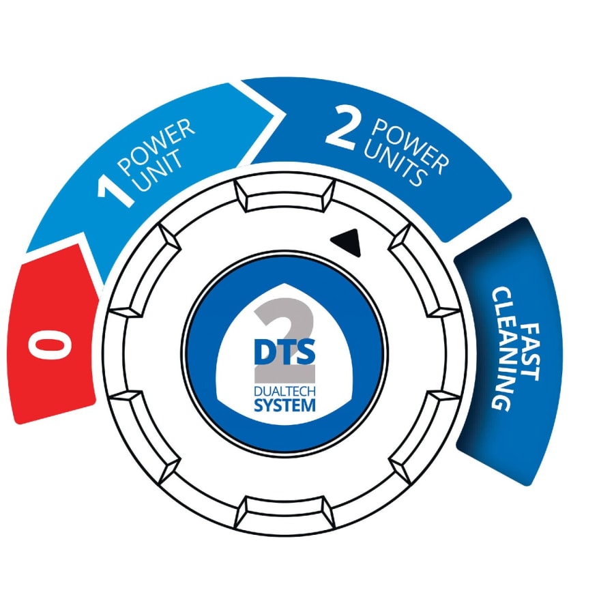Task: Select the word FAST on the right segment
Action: coord(531,351)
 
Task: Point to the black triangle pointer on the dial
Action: coord(347,242)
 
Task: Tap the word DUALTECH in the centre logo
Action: coord(284,391)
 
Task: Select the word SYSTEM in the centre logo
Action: coord(284,405)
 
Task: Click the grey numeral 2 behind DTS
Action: coord(284,340)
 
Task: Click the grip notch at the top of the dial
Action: coord(285,195)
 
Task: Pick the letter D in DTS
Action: coord(264,352)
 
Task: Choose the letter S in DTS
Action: coord(306,352)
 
